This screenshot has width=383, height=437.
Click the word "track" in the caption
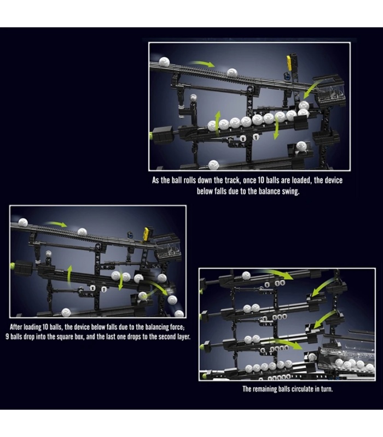pyautogui.click(x=231, y=180)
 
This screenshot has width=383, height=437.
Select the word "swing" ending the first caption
pyautogui.click(x=291, y=192)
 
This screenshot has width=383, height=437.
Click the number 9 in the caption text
pyautogui.click(x=7, y=336)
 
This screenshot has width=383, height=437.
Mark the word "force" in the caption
pyautogui.click(x=177, y=327)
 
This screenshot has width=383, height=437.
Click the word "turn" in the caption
pyautogui.click(x=326, y=389)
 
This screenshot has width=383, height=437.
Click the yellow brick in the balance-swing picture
pyautogui.click(x=289, y=63)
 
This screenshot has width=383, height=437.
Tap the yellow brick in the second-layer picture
pyautogui.click(x=146, y=234)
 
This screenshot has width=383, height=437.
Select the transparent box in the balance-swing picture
pyautogui.click(x=331, y=94)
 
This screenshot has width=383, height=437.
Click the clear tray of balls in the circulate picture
pyautogui.click(x=347, y=359)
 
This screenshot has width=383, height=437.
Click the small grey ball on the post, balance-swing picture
pyautogui.click(x=193, y=98)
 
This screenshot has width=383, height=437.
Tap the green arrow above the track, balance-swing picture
pyautogui.click(x=201, y=64)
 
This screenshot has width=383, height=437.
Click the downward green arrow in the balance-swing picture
pyautogui.click(x=276, y=128)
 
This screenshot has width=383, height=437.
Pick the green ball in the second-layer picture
pyautogui.click(x=12, y=266)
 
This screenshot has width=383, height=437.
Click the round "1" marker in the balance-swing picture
pyautogui.click(x=256, y=137)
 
